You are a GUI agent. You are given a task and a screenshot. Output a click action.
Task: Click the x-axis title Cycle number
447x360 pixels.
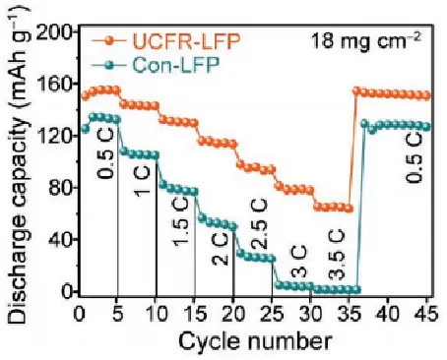tap(254, 340)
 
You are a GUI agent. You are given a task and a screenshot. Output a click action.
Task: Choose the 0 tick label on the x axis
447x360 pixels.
tap(80, 312)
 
